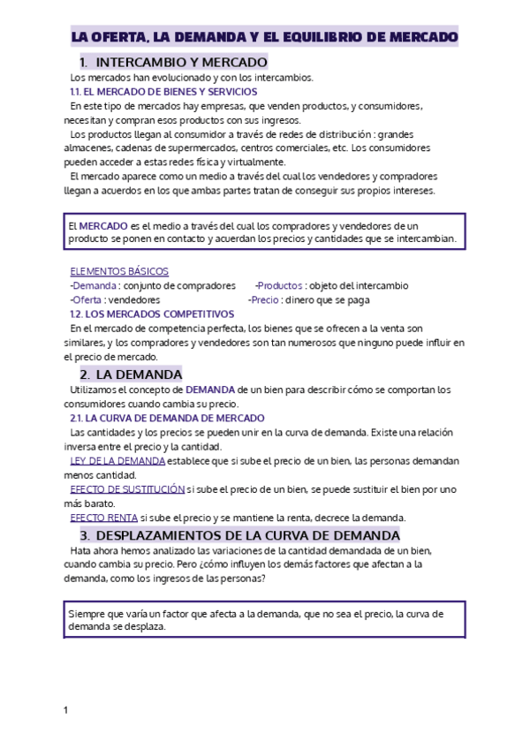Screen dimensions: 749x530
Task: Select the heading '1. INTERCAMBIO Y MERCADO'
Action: [x=173, y=63]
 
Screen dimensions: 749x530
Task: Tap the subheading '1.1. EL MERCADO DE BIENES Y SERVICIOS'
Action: [x=163, y=92]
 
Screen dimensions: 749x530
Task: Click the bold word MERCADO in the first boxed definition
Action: [x=103, y=226]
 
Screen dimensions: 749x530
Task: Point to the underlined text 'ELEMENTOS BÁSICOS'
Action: [x=119, y=271]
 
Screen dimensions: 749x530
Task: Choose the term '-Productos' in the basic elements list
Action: [x=276, y=285]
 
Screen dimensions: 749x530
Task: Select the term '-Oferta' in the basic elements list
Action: [x=87, y=299]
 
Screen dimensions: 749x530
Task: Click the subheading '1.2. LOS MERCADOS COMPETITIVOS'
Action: [x=151, y=314]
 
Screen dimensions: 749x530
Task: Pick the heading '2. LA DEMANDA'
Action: [x=131, y=374]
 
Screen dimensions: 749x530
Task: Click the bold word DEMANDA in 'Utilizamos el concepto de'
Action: [x=209, y=390]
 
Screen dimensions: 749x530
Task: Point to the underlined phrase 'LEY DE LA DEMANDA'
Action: [x=117, y=461]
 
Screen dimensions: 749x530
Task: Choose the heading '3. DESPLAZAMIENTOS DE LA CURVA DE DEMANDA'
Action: [x=239, y=535]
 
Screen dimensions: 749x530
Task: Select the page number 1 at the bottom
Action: [x=65, y=710]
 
